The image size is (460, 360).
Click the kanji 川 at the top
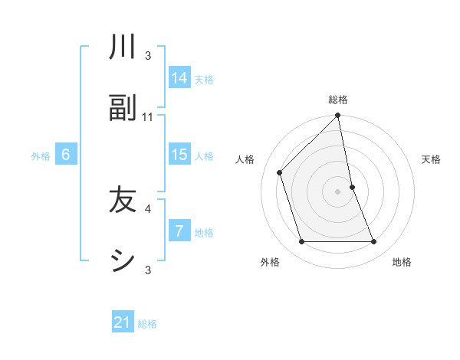(123, 47)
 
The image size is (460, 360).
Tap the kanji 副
(123, 108)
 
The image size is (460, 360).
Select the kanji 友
(123, 200)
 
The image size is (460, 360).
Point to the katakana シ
(123, 261)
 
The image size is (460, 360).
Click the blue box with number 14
(179, 77)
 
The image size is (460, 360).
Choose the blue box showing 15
(179, 154)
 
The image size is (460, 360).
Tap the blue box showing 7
(179, 231)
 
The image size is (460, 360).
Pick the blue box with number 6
(66, 155)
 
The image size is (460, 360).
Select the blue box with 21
(123, 322)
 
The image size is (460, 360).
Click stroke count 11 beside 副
(148, 117)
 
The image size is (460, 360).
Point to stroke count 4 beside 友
(148, 208)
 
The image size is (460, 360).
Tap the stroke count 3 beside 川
(148, 56)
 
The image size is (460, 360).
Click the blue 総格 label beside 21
(147, 324)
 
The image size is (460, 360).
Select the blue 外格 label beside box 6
(41, 156)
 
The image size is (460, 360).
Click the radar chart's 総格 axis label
(338, 100)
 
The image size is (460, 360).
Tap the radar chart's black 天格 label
(431, 159)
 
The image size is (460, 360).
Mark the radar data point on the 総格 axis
(338, 116)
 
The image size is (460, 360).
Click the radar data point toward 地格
(374, 242)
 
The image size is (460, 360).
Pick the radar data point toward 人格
(280, 172)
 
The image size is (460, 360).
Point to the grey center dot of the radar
(338, 191)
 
